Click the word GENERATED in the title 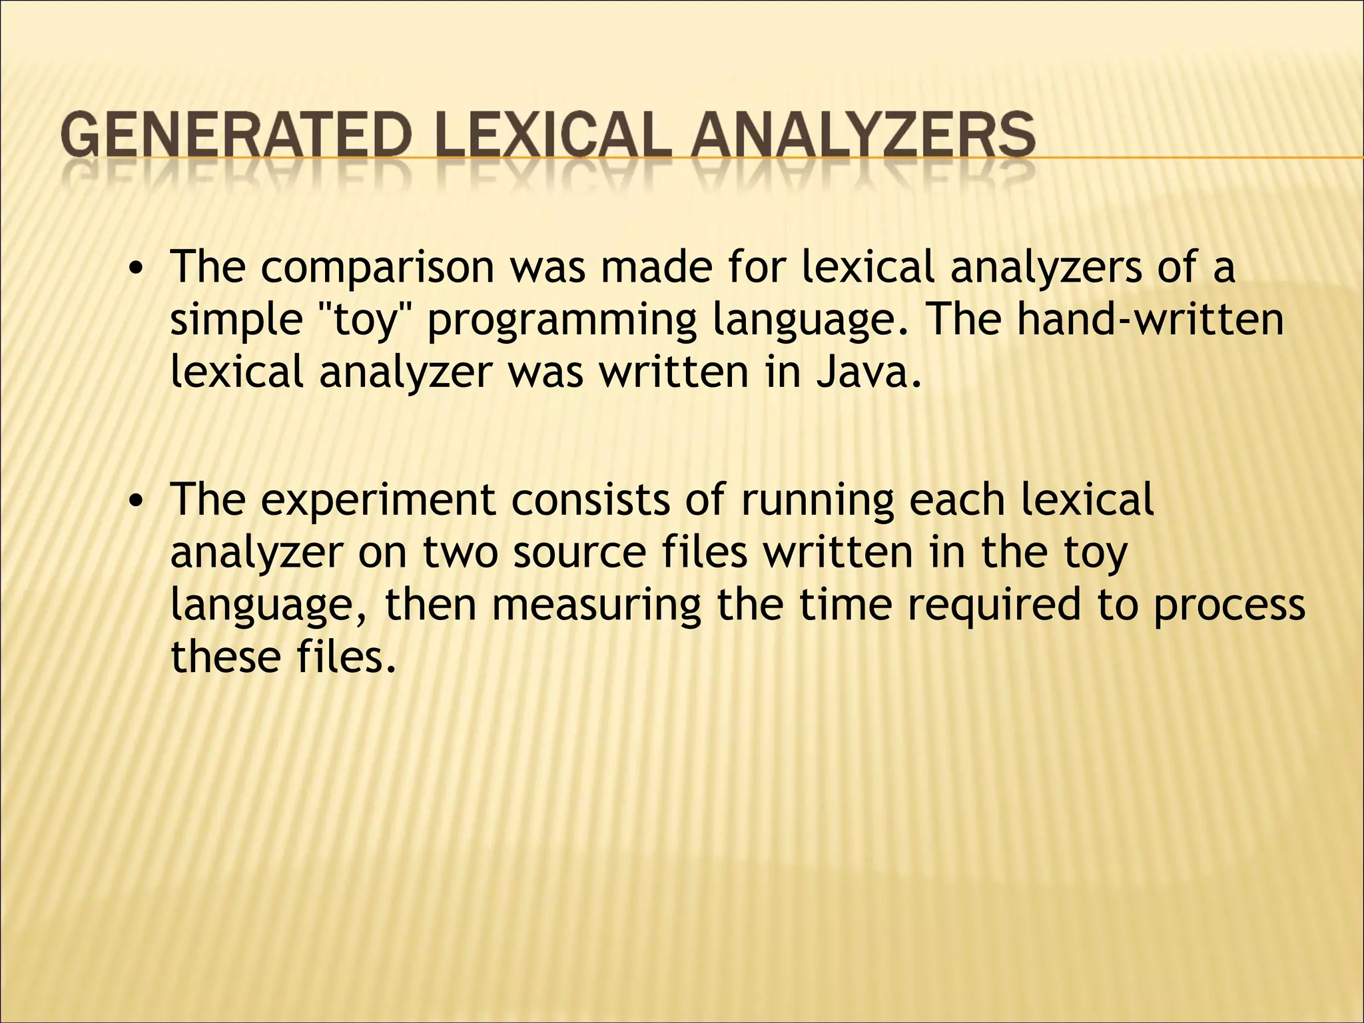[x=233, y=135]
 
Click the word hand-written [x=1150, y=320]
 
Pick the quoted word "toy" [x=364, y=320]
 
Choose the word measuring [x=597, y=606]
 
